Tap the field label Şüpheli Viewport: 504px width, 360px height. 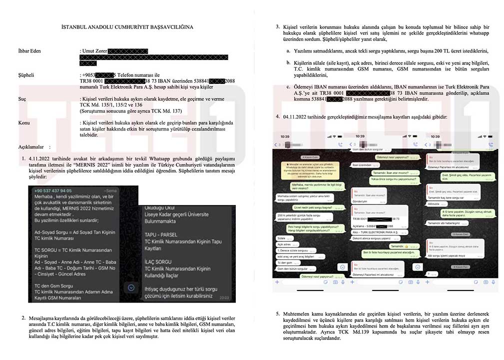coord(26,75)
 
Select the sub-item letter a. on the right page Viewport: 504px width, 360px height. coord(288,51)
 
